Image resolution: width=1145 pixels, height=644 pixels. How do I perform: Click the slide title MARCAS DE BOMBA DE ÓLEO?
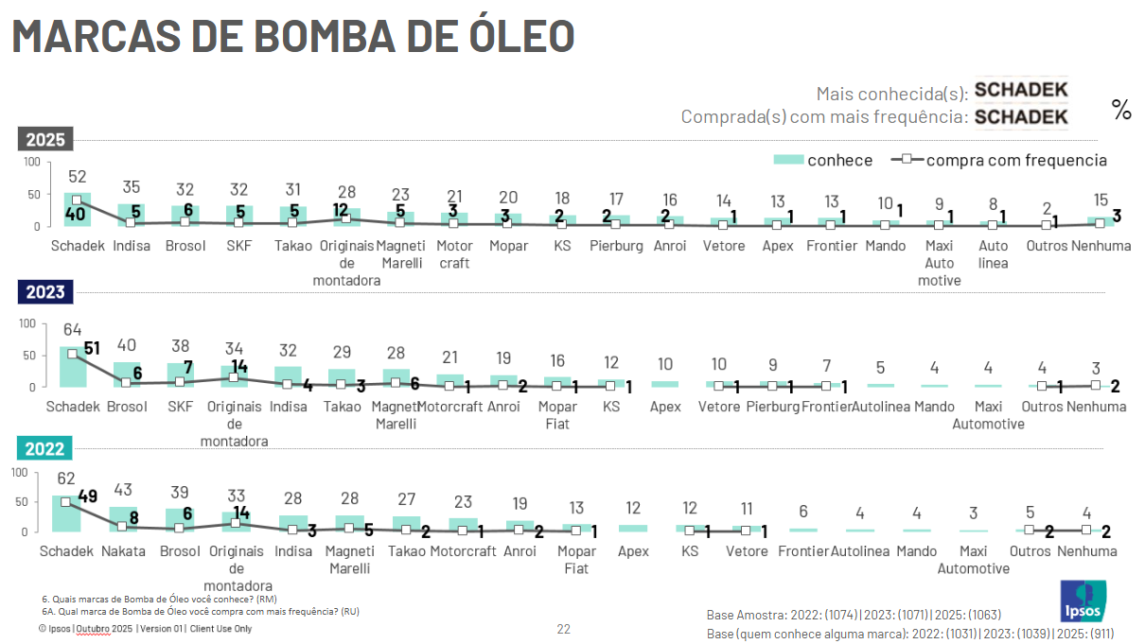click(x=293, y=36)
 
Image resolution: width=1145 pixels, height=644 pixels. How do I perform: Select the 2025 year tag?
click(x=45, y=140)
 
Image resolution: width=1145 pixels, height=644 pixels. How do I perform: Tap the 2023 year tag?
click(x=45, y=291)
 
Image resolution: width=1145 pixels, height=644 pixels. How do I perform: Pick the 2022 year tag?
click(x=45, y=448)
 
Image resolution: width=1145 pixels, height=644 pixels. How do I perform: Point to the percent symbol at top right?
click(x=1121, y=111)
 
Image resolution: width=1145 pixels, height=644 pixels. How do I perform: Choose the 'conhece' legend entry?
click(x=823, y=160)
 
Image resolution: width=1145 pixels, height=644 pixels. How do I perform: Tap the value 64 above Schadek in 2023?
click(x=73, y=330)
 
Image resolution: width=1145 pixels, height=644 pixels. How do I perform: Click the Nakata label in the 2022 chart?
click(x=123, y=551)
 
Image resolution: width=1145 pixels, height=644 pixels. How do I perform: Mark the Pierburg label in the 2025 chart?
click(x=616, y=246)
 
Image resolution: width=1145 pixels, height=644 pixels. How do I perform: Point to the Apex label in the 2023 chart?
click(x=665, y=407)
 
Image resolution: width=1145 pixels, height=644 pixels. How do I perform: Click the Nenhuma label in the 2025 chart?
click(x=1099, y=246)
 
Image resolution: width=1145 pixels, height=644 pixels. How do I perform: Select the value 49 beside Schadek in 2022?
click(x=88, y=496)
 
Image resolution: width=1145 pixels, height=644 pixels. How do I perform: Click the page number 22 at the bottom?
click(x=563, y=629)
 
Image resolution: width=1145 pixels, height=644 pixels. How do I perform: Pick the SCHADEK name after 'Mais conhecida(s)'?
click(x=1021, y=91)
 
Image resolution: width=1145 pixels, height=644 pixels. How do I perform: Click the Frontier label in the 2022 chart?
click(x=802, y=551)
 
